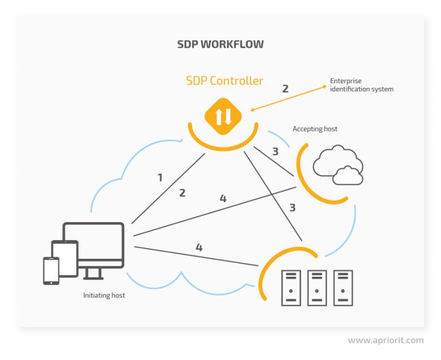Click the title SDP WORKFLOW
pyautogui.click(x=220, y=44)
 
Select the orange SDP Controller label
pyautogui.click(x=225, y=80)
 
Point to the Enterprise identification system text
pyautogui.click(x=362, y=85)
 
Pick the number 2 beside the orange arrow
pyautogui.click(x=285, y=88)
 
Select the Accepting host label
pyautogui.click(x=315, y=129)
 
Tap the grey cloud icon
pyautogui.click(x=338, y=165)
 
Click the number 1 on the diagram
pyautogui.click(x=160, y=177)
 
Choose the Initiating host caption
pyautogui.click(x=104, y=295)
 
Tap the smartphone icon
pyautogui.click(x=51, y=270)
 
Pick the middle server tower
pyautogui.click(x=317, y=288)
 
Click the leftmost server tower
pyautogui.click(x=291, y=288)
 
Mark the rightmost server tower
pyautogui.click(x=343, y=288)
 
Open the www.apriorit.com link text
pyautogui.click(x=385, y=340)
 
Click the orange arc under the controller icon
pyautogui.click(x=223, y=141)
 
